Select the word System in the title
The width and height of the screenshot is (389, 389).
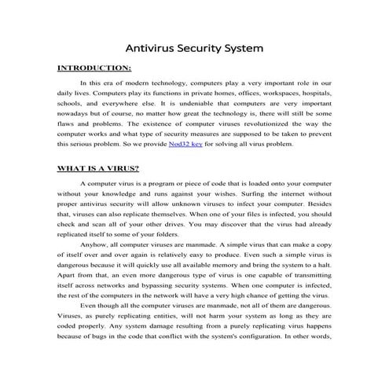240,48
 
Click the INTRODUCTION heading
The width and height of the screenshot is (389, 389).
95,68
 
